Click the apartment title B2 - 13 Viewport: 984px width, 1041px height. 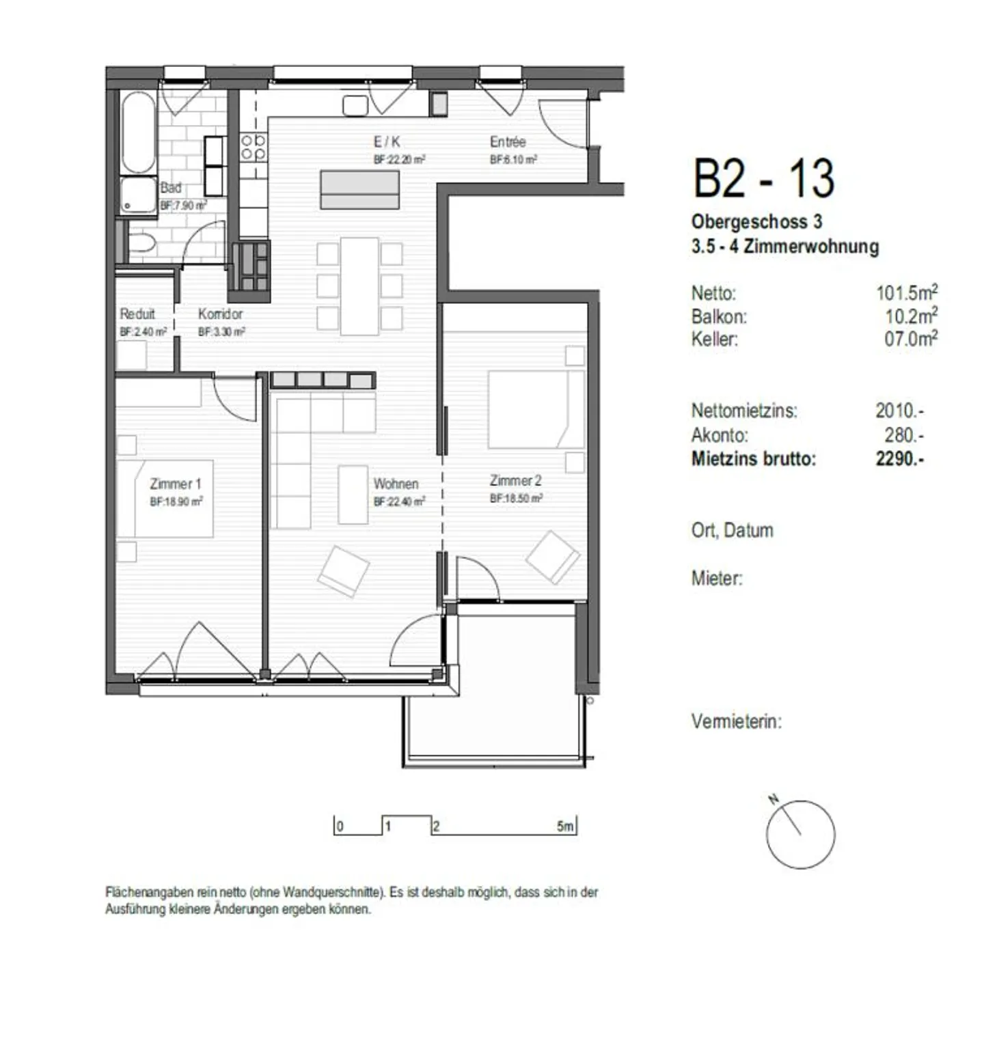763,178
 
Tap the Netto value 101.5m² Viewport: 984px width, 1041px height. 906,293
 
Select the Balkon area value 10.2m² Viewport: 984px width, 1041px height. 910,316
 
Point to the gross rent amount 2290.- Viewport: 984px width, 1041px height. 899,458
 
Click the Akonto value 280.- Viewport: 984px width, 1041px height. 903,435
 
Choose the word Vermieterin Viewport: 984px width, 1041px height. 736,721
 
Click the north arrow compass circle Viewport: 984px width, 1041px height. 800,834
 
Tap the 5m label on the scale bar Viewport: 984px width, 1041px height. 565,827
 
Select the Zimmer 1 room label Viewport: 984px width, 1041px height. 176,484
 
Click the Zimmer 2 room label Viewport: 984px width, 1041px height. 515,481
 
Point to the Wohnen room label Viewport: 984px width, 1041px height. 396,484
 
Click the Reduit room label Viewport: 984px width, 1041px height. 137,314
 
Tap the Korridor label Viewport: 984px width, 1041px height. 220,314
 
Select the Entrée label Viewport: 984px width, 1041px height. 508,142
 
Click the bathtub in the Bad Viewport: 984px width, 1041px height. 139,133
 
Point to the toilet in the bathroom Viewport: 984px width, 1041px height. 141,245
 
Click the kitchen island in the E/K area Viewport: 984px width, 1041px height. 360,190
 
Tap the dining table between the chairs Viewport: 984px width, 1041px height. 359,286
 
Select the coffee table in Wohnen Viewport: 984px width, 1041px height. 353,495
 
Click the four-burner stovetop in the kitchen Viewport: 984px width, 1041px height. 253,148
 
